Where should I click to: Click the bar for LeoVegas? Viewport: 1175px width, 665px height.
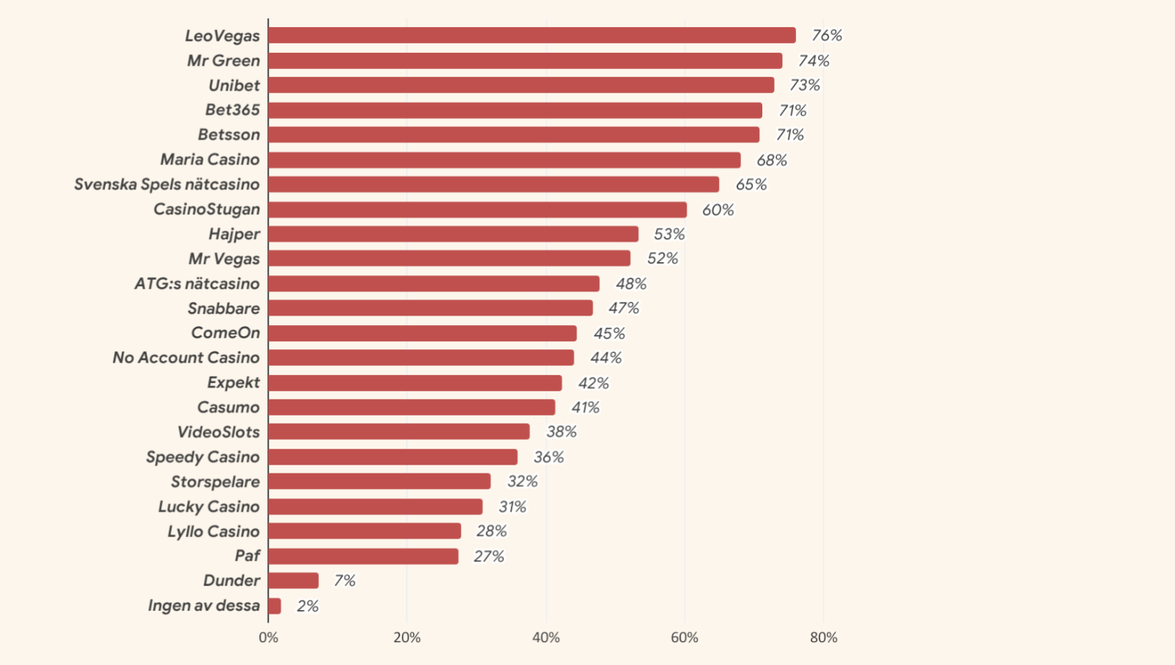coord(532,35)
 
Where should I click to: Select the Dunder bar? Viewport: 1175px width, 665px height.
coord(294,581)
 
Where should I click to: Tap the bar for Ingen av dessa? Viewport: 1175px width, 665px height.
coord(275,606)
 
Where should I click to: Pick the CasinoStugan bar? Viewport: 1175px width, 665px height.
coord(477,210)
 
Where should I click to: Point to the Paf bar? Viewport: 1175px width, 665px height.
coord(364,556)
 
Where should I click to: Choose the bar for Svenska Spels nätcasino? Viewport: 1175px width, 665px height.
coord(493,184)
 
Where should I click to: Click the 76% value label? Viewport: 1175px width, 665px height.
coord(827,35)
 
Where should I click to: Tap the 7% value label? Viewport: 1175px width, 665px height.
coord(344,581)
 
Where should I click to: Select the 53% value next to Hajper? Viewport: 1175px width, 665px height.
coord(669,234)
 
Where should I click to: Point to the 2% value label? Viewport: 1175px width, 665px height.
coord(308,606)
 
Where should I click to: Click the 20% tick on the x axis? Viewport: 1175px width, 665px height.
coord(407,638)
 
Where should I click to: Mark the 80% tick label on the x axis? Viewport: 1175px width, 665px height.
coord(823,638)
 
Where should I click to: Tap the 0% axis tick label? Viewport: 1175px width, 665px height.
coord(269,638)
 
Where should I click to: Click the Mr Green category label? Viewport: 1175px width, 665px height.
coord(223,60)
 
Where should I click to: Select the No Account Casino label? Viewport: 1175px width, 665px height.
coord(186,357)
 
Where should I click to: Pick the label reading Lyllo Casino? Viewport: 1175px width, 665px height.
coord(213,531)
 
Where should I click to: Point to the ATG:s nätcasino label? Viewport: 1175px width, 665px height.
coord(197,283)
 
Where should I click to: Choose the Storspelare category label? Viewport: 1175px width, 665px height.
coord(215,482)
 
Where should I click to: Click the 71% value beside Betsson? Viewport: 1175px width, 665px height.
coord(790,135)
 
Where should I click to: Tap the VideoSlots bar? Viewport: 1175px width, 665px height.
coord(399,432)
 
